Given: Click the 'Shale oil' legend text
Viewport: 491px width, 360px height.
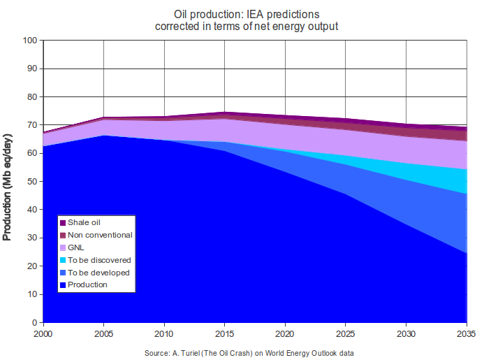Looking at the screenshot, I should coord(84,222).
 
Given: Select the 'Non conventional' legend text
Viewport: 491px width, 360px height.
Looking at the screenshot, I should coord(100,235).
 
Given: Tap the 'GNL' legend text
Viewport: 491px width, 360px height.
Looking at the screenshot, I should coord(77,247).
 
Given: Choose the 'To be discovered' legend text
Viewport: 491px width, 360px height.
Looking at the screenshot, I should coord(99,260).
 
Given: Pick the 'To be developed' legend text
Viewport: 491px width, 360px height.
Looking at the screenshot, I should coord(98,273).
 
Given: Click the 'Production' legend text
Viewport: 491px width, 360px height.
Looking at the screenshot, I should coord(87,285).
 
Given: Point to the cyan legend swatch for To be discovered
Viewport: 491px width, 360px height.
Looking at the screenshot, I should coord(63,260).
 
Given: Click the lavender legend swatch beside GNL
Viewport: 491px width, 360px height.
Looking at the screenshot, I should coord(63,247).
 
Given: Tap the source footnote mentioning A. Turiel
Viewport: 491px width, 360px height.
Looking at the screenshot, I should coord(249,353).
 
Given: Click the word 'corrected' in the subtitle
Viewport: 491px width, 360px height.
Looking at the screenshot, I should coord(177,27).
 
